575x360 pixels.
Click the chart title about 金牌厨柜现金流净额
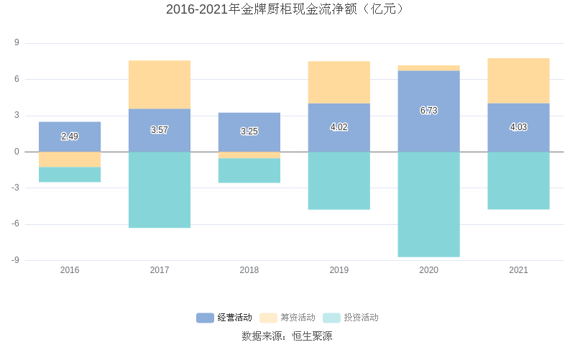[287, 9]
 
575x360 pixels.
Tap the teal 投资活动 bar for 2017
[160, 190]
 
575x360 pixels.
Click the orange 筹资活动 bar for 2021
[518, 80]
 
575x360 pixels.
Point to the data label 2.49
[70, 137]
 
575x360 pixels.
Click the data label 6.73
[428, 111]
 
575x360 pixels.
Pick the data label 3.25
[249, 131]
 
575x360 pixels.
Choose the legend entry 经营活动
[225, 318]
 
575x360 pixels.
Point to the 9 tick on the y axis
[17, 43]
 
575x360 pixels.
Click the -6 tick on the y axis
[15, 224]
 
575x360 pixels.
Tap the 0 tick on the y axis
[17, 152]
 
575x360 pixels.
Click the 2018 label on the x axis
[249, 270]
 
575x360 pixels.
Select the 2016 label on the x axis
[70, 270]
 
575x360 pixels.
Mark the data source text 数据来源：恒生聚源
[287, 336]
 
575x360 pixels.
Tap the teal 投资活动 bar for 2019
[339, 180]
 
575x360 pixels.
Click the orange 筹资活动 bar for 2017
[160, 85]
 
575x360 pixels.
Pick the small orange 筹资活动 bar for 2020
[428, 68]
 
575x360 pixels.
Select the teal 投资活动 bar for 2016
[70, 175]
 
